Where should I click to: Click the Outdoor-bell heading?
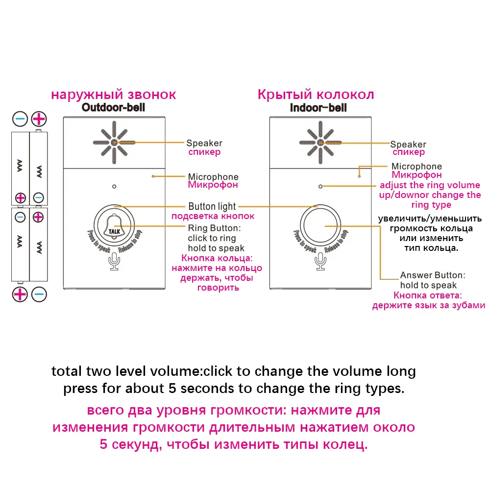[x=113, y=107]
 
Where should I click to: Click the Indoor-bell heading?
[x=318, y=107]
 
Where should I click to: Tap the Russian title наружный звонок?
[x=113, y=94]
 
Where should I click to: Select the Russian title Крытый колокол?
[x=316, y=94]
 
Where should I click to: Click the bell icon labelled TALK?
[x=114, y=228]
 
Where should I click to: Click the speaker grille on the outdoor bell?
[x=114, y=143]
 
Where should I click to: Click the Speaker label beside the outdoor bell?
[x=204, y=143]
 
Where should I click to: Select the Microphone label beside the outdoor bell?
[x=213, y=177]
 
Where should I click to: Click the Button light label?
[x=212, y=206]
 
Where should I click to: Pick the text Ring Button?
[x=214, y=228]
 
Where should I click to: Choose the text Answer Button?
[x=433, y=275]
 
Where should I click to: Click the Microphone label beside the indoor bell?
[x=416, y=167]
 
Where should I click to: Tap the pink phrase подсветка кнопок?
[x=212, y=216]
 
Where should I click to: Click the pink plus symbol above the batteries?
[x=39, y=119]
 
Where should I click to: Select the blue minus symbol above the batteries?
[x=20, y=119]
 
